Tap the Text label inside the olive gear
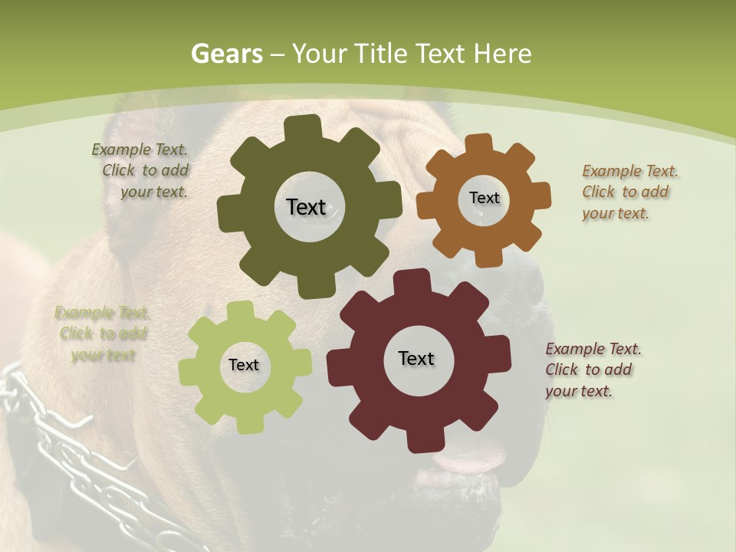point(306,207)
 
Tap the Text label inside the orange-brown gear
point(484,198)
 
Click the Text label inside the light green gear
point(244,365)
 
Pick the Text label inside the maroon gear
point(416,358)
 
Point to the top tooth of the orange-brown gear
point(479,143)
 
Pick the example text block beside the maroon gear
point(592,370)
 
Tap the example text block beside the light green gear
point(102,333)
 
